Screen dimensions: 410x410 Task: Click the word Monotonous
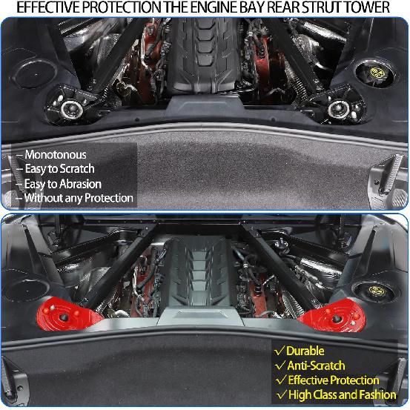(55, 155)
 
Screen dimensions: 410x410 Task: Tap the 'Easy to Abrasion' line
(63, 184)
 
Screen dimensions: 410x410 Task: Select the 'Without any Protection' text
(79, 198)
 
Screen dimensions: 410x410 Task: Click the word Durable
(305, 350)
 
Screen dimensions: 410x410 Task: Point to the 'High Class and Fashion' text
(338, 395)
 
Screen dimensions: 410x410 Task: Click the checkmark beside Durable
(279, 350)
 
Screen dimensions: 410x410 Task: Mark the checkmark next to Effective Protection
(279, 380)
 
